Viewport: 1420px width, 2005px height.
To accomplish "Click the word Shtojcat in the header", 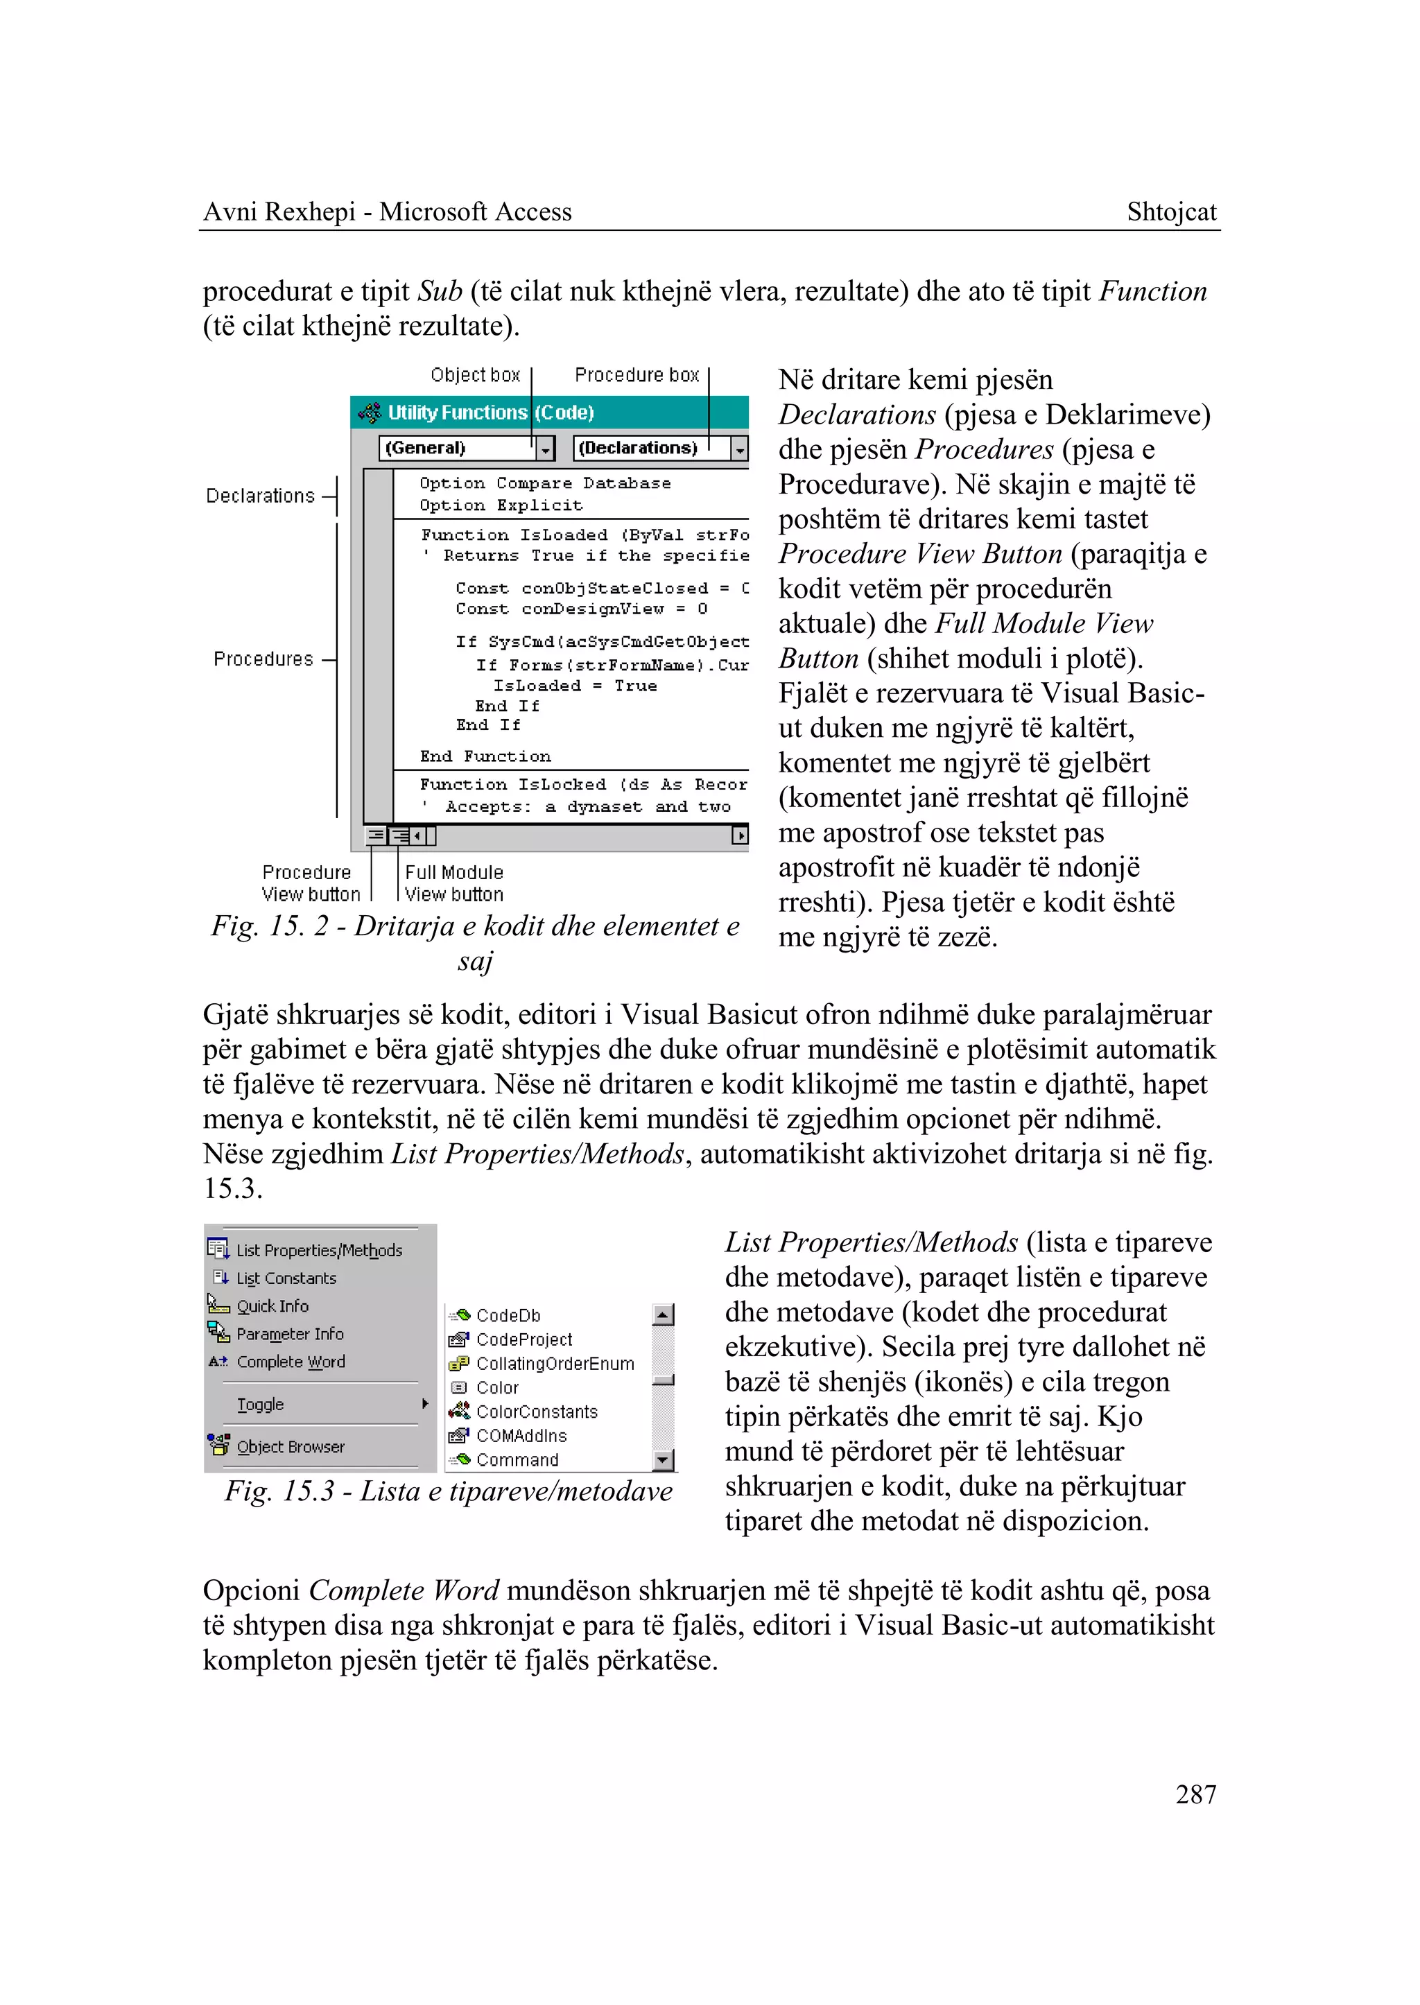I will point(1171,211).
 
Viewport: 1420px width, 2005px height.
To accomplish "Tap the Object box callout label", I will point(475,375).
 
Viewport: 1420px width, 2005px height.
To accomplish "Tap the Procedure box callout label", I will point(637,375).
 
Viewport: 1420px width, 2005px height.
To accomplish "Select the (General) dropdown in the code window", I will point(456,449).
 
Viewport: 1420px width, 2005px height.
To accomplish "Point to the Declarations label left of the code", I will point(260,496).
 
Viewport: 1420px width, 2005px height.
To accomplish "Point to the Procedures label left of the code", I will point(263,659).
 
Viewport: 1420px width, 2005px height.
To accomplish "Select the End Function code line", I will point(485,756).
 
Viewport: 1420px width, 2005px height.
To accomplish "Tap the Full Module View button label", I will point(454,883).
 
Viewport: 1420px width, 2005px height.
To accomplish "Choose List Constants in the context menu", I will point(286,1278).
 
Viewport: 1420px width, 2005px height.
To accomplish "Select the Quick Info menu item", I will point(272,1306).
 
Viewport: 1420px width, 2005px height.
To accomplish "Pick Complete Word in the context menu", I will point(291,1362).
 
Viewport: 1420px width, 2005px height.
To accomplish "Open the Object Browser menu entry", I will point(291,1447).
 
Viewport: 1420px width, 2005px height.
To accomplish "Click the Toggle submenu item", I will point(261,1405).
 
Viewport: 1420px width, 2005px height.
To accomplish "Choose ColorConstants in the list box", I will point(536,1412).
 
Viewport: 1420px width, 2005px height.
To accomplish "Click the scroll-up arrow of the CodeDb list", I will point(664,1315).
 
